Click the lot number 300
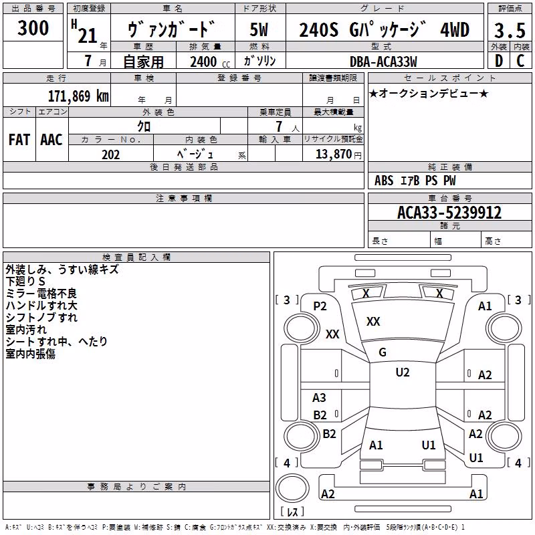coord(33,28)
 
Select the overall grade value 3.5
coord(510,30)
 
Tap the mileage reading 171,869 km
coord(78,96)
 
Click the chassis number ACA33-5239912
coord(449,213)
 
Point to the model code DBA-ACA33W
coord(383,62)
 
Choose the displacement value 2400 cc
coord(210,62)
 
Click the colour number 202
coord(110,154)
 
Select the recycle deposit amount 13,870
coord(333,154)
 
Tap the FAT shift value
coord(19,140)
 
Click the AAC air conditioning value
coord(51,140)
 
